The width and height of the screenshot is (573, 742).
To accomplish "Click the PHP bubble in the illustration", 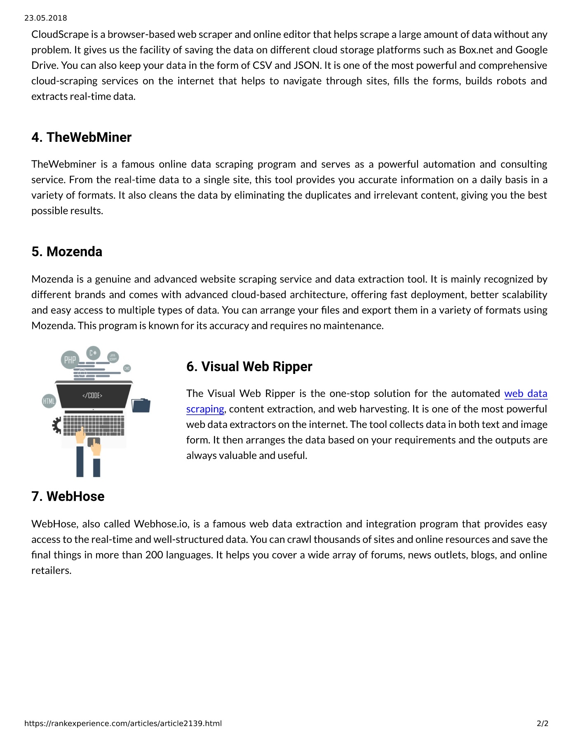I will [x=70, y=360].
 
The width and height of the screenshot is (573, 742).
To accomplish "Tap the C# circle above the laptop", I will [x=93, y=353].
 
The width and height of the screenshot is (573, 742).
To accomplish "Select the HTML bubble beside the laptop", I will [x=49, y=401].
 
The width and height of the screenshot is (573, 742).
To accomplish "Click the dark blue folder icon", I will [x=141, y=405].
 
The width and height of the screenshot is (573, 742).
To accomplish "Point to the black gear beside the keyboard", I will [x=56, y=425].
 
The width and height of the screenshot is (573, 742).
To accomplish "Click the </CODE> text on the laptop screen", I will [x=92, y=395].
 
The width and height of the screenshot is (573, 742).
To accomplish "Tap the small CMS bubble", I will [x=127, y=368].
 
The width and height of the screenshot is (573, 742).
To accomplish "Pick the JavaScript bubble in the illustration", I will [x=113, y=357].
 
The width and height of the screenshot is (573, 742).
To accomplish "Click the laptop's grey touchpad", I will [x=93, y=442].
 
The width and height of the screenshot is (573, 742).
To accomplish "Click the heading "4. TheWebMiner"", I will [x=81, y=137].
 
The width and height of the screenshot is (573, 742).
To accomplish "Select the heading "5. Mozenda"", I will [x=67, y=251].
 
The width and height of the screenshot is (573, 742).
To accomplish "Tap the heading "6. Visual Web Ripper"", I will [x=249, y=366].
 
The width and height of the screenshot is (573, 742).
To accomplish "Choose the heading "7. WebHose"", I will [x=68, y=496].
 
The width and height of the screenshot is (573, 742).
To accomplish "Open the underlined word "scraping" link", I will [x=205, y=409].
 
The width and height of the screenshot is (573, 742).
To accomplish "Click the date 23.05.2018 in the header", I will [x=45, y=18].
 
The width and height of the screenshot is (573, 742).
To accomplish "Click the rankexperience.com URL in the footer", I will [x=123, y=723].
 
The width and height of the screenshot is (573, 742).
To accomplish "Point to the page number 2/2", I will [x=542, y=723].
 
